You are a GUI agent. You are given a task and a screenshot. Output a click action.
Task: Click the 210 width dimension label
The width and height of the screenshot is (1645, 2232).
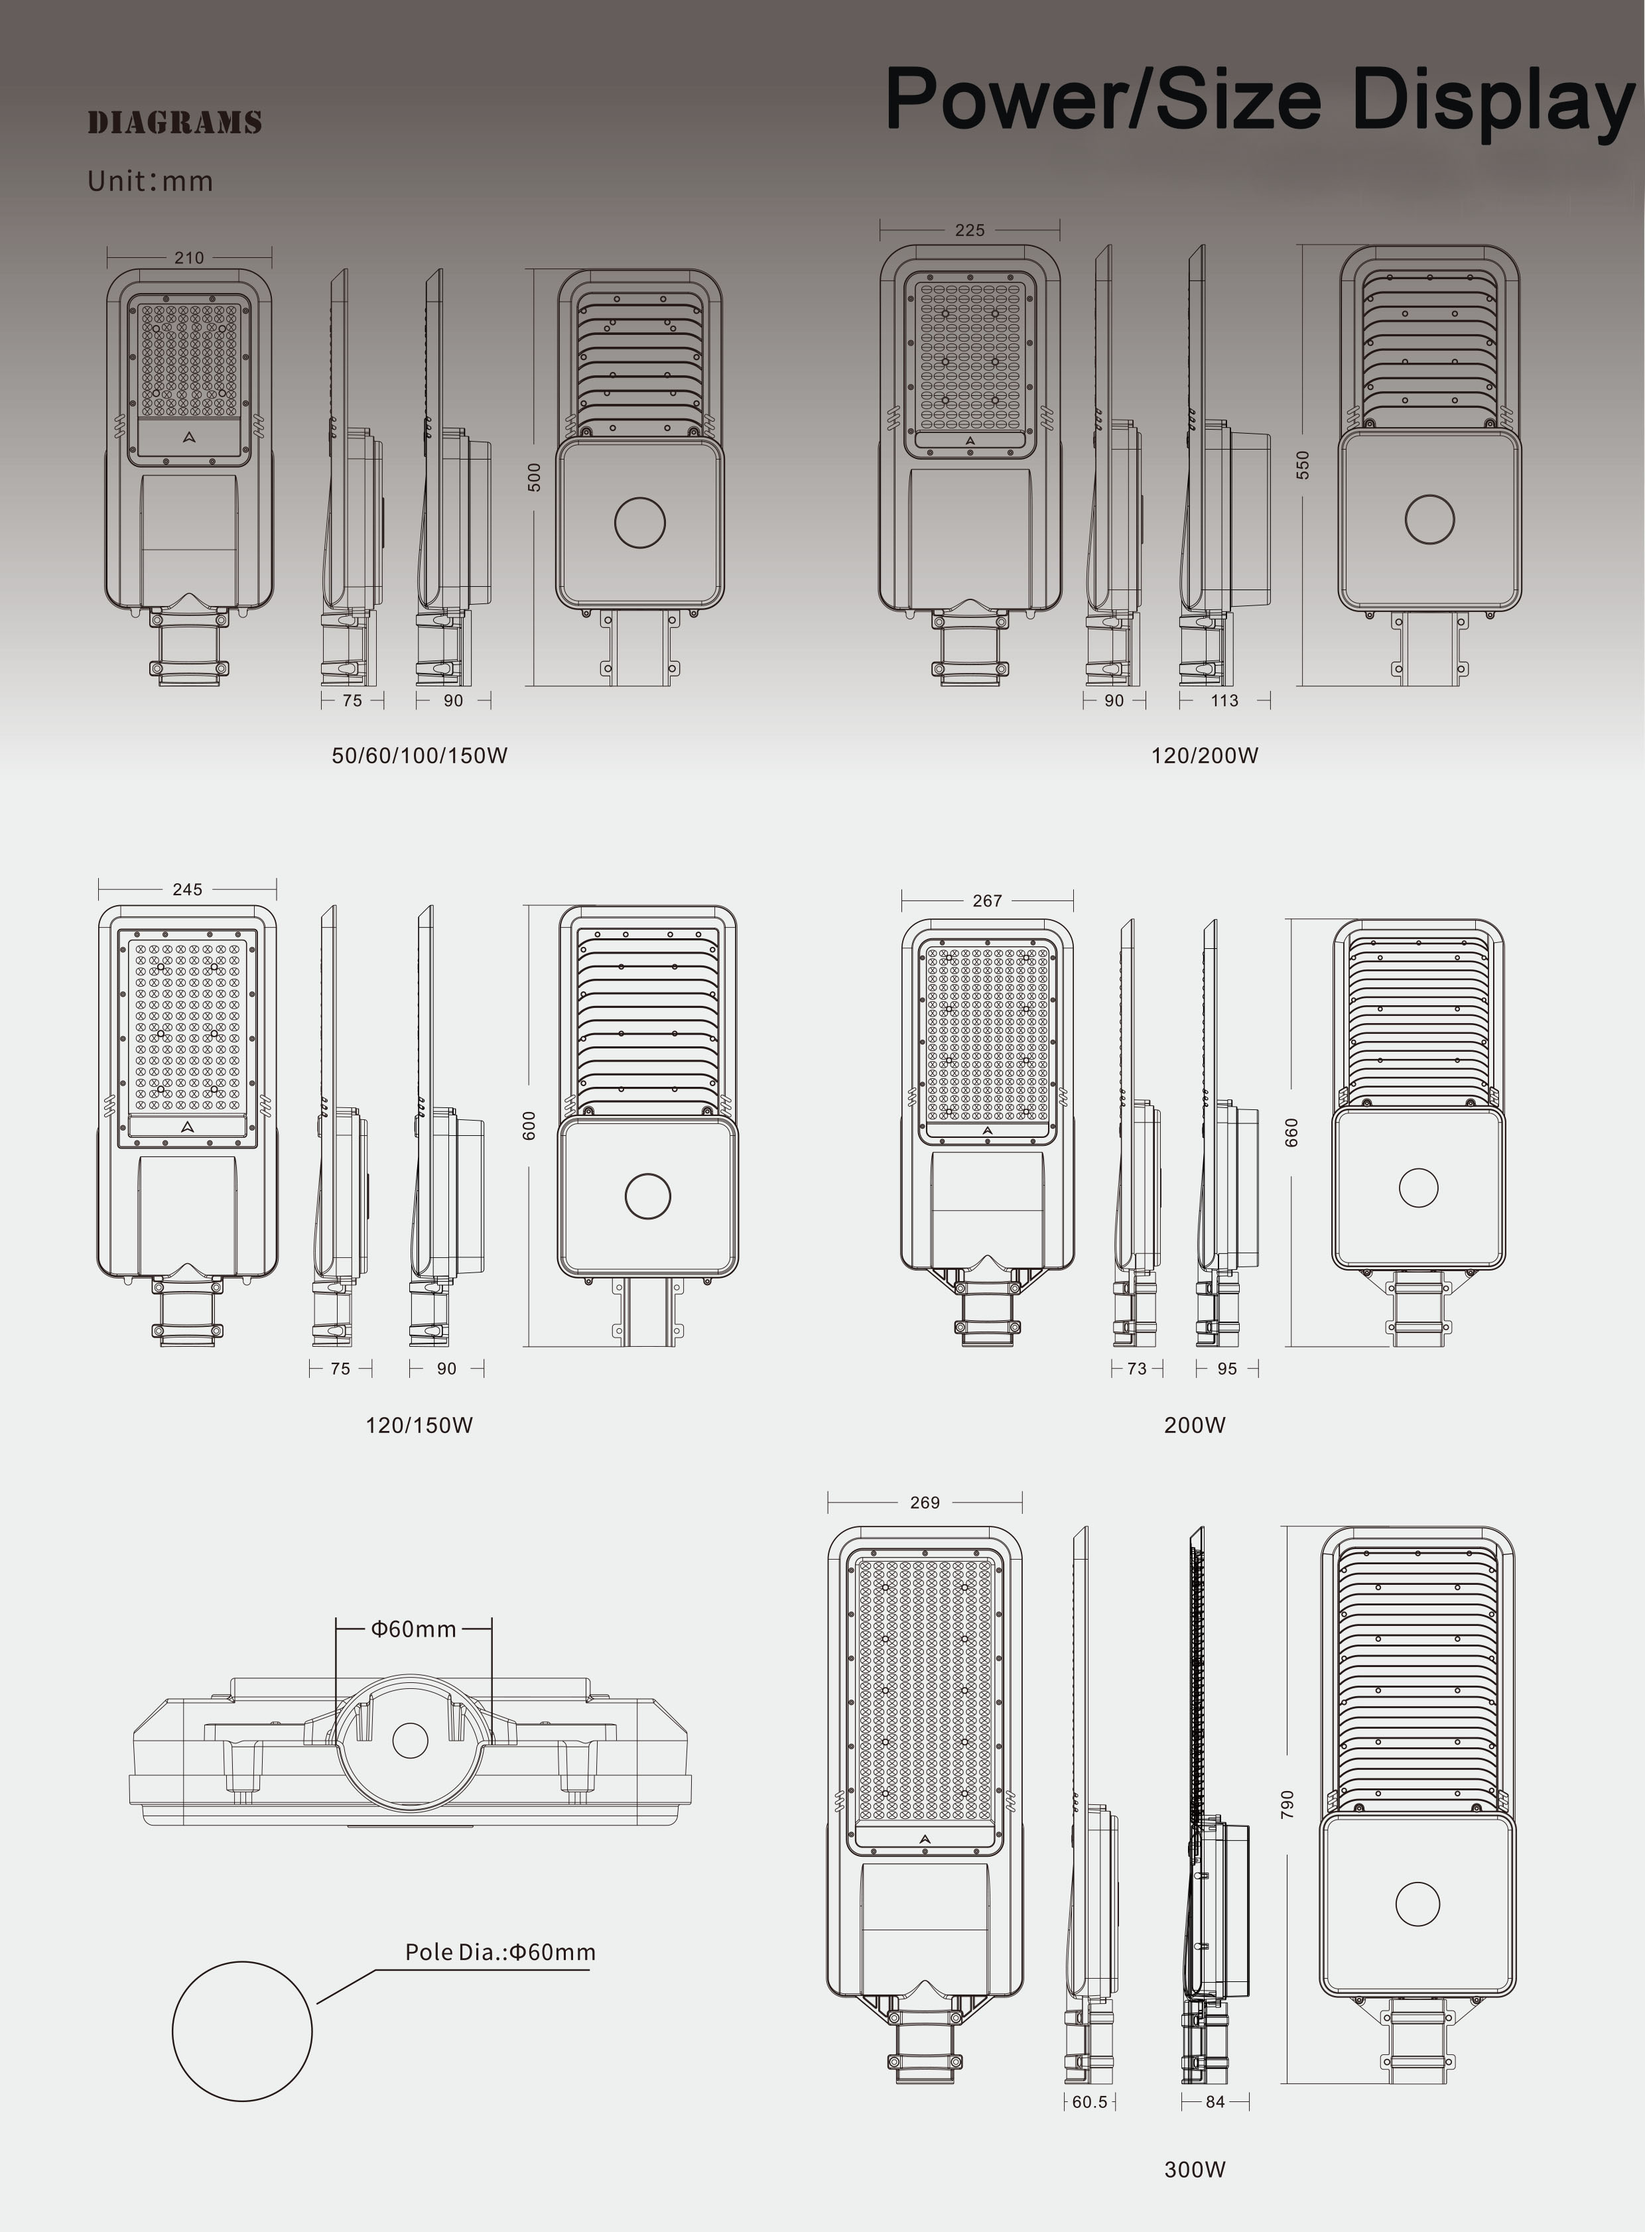click(x=189, y=258)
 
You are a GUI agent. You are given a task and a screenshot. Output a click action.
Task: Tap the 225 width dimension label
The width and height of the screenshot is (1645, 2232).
click(x=969, y=230)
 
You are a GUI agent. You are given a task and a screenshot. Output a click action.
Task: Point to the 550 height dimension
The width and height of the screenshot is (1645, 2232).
click(x=1303, y=464)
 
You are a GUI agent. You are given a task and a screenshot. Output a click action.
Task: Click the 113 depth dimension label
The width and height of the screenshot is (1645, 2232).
click(x=1224, y=701)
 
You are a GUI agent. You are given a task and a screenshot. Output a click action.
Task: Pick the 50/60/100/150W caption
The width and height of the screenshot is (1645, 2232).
click(x=419, y=756)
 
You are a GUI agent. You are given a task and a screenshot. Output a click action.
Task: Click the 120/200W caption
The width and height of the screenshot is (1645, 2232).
click(x=1204, y=756)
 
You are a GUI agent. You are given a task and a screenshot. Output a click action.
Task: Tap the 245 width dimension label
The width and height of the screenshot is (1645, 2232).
click(x=187, y=889)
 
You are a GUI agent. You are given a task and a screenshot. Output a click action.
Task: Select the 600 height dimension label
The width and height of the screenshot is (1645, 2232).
click(x=530, y=1125)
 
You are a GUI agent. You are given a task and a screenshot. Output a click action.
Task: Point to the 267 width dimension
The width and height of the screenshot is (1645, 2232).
click(x=987, y=901)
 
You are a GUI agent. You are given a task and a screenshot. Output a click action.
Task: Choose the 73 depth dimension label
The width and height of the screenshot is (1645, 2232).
click(x=1136, y=1369)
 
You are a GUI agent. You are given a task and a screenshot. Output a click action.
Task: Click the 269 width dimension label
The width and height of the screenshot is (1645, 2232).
click(x=924, y=1503)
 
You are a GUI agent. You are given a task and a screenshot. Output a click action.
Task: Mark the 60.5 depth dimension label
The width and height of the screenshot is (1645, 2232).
click(x=1089, y=2101)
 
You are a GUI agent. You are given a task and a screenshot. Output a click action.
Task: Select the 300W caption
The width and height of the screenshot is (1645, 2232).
click(x=1194, y=2169)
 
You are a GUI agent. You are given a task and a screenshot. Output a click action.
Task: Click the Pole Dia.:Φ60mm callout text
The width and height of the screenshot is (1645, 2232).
click(x=500, y=1952)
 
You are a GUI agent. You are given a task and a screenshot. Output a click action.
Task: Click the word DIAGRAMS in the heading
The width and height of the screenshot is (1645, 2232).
click(x=174, y=123)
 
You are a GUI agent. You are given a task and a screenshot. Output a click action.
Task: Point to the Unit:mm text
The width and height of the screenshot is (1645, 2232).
click(x=149, y=181)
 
